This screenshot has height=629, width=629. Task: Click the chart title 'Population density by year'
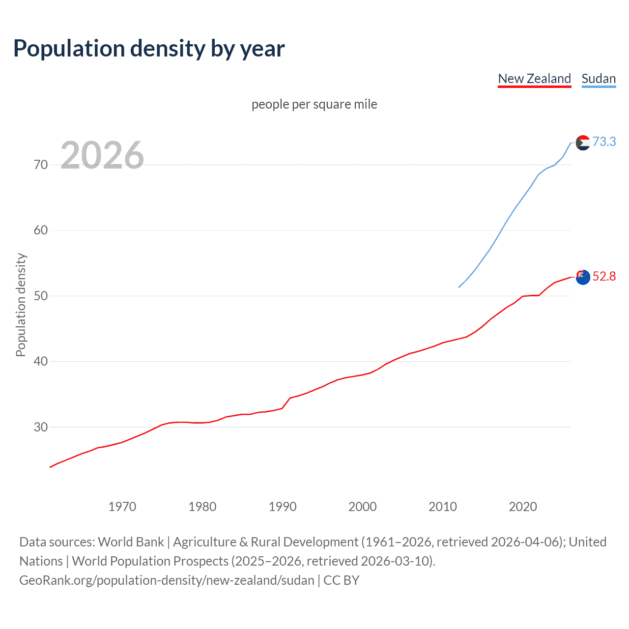point(149,49)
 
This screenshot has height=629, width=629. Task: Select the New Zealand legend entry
point(534,79)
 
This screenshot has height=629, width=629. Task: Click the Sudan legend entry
point(598,79)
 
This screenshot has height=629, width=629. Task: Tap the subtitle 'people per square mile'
point(314,104)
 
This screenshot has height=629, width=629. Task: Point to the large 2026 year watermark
point(102,155)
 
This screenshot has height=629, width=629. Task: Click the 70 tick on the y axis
point(41,165)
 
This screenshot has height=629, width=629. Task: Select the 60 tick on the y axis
point(41,230)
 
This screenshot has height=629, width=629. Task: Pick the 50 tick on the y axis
point(41,296)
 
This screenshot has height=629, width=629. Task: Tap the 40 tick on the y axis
point(41,361)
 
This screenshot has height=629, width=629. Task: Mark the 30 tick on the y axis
point(41,427)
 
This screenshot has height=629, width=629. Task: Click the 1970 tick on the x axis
point(122,507)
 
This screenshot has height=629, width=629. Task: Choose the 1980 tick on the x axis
point(202,507)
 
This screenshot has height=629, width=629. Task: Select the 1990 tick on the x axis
point(282,507)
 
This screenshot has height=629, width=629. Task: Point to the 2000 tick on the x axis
point(362,507)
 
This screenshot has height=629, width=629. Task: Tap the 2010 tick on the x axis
point(442,507)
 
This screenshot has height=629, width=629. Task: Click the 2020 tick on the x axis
point(522,507)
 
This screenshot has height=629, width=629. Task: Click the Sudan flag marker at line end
point(583,143)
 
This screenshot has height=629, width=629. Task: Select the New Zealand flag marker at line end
point(583,277)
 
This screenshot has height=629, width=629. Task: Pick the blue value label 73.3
point(604,142)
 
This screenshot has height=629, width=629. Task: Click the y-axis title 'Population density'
point(21,305)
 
